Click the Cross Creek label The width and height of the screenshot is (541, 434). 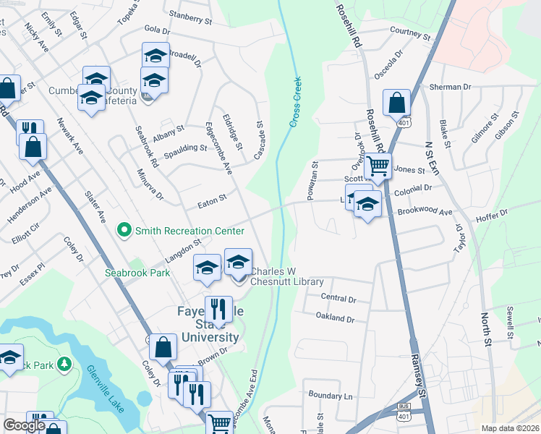(295, 102)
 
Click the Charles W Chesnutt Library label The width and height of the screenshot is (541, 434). (286, 277)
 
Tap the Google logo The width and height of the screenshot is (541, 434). (25, 426)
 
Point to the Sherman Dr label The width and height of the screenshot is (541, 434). (450, 87)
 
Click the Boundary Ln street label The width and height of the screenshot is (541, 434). (329, 396)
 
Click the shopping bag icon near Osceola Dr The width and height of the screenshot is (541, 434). (397, 103)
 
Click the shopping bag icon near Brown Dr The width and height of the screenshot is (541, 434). (163, 348)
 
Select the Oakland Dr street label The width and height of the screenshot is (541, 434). (336, 318)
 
